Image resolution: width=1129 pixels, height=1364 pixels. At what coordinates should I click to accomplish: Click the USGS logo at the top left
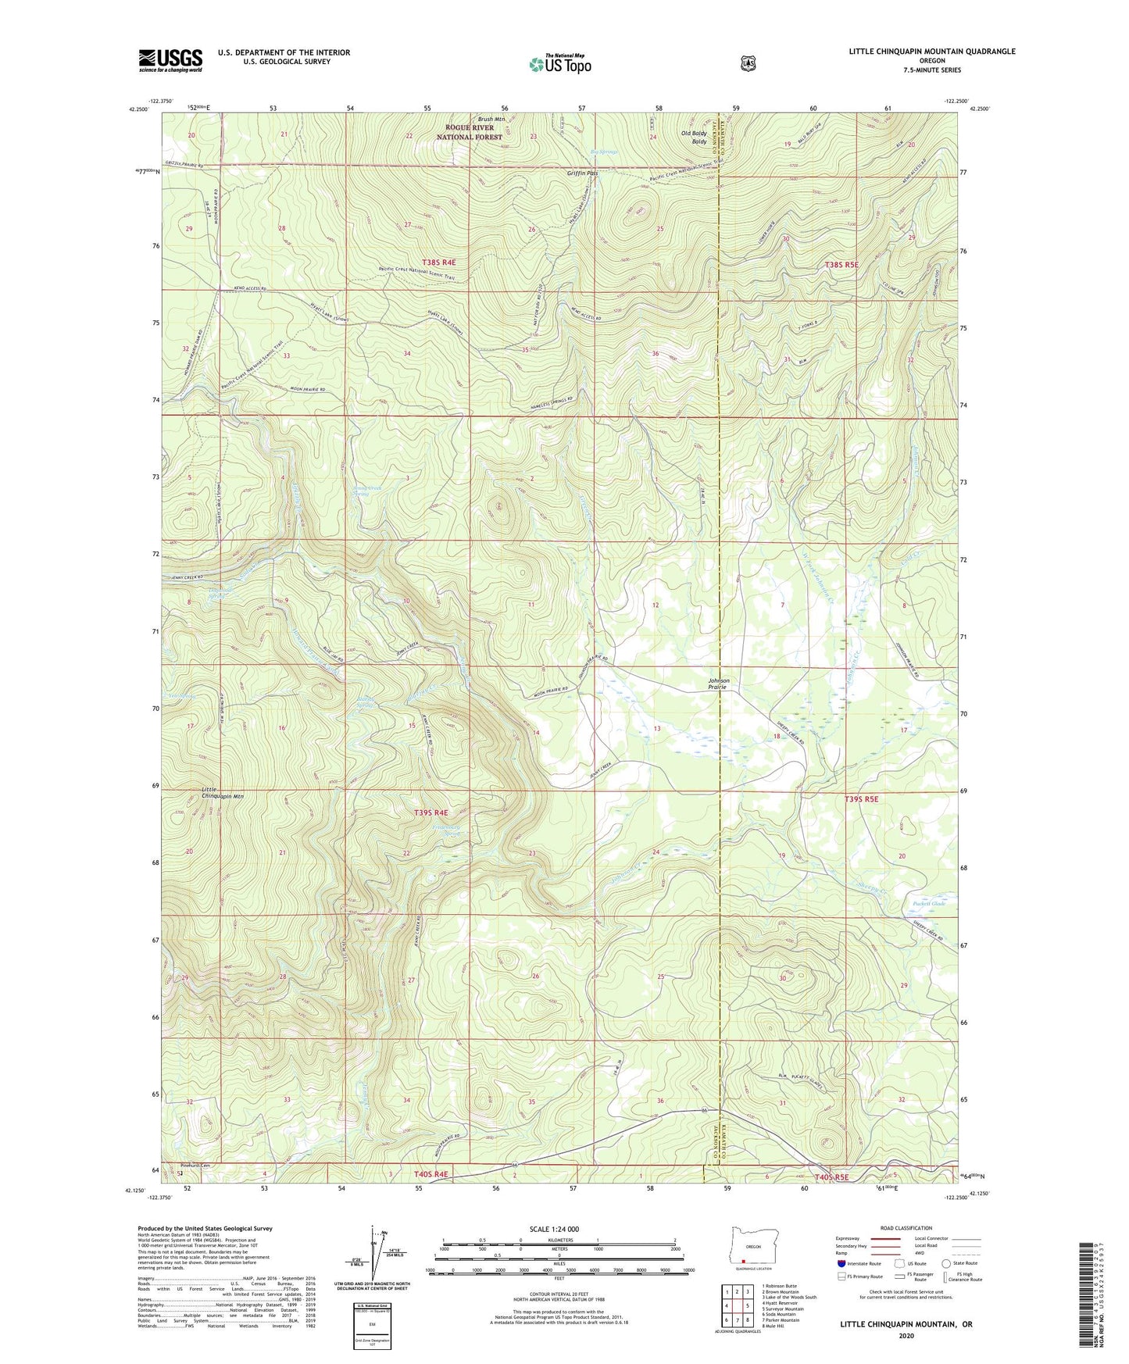click(170, 60)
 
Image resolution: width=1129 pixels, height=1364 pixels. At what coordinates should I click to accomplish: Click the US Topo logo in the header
click(559, 64)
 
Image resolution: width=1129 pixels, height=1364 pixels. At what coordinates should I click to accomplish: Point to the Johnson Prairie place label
click(717, 684)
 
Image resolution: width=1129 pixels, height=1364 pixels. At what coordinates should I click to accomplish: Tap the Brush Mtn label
click(492, 119)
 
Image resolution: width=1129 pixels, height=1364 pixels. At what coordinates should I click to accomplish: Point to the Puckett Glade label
click(929, 904)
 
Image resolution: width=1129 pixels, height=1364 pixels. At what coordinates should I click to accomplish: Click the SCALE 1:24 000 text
click(554, 1229)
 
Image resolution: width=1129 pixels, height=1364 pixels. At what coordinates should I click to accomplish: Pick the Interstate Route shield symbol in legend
click(841, 1263)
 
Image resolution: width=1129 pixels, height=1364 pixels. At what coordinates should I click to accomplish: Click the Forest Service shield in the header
click(748, 62)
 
